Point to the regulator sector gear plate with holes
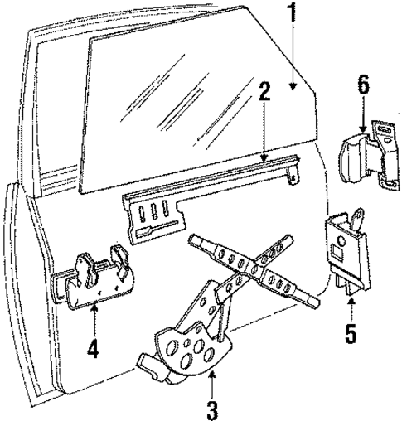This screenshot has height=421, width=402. click(x=186, y=348)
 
